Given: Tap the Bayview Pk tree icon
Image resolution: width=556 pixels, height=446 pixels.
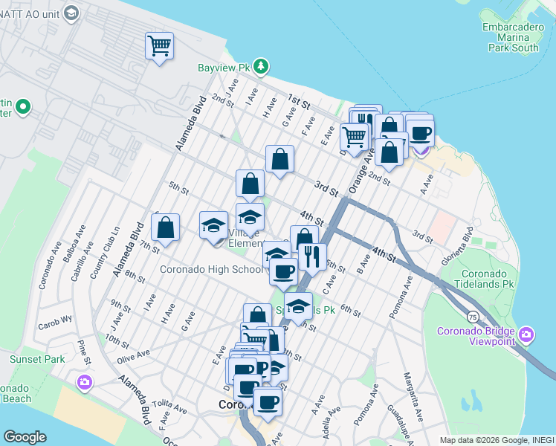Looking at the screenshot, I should point(261,68).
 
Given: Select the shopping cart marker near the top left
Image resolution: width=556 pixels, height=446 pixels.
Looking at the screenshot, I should point(160,47).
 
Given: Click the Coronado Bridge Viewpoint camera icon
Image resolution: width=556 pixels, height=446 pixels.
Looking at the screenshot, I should point(527,336).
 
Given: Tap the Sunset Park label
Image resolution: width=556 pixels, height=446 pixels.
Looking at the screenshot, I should point(37,359).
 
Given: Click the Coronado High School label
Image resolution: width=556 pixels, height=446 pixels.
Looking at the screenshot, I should point(212,269).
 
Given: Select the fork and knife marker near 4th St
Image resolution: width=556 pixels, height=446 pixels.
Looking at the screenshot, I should point(313,256).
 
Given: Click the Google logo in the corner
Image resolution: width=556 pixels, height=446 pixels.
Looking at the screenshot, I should point(25,437).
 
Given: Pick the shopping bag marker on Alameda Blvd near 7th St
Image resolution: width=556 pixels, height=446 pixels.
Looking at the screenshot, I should point(167,228).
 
